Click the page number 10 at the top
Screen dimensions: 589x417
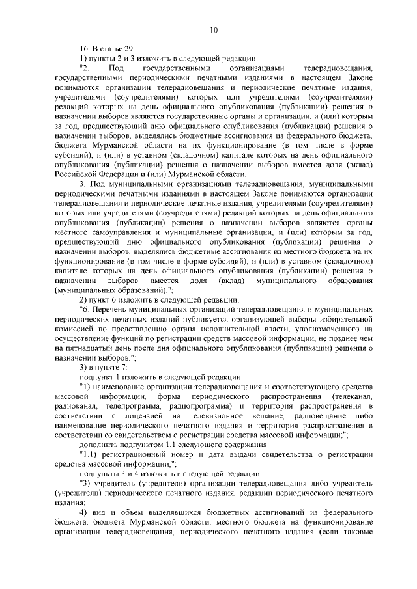pyautogui.click(x=213, y=29)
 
